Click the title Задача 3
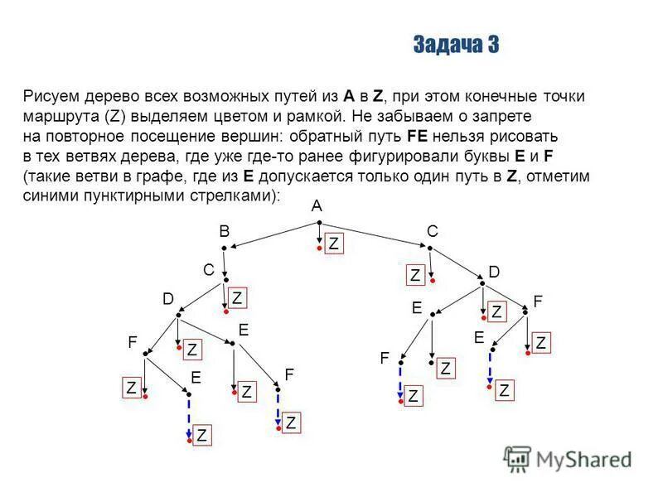pos(455,45)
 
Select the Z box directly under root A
pos(333,244)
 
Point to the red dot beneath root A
pos(319,247)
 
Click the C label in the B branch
pos(209,269)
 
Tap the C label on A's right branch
pos(432,233)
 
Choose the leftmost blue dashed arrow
pos(189,418)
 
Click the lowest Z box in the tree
pos(202,435)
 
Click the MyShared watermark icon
pos(517,458)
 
